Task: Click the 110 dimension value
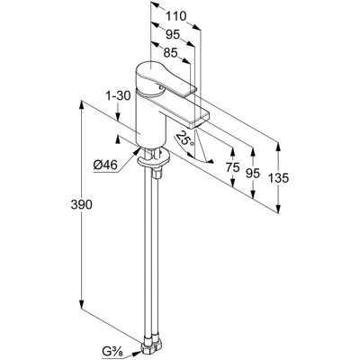click(x=176, y=16)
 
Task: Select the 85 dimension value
click(x=170, y=53)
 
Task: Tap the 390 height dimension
click(x=81, y=204)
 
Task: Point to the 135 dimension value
click(x=278, y=178)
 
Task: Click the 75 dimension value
click(x=233, y=167)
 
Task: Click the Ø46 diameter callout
click(x=105, y=165)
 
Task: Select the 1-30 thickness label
click(x=118, y=96)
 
